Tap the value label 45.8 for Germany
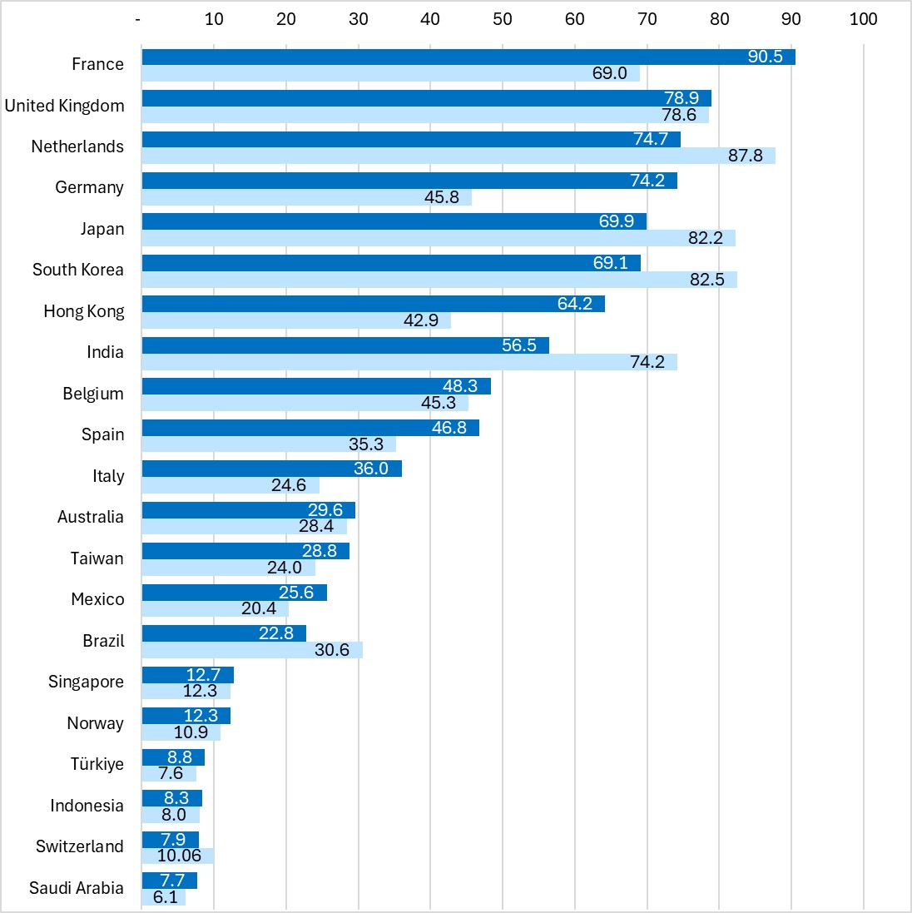[x=442, y=197]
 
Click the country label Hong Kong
[x=83, y=311]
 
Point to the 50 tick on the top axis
[x=503, y=19]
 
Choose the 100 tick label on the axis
[x=863, y=19]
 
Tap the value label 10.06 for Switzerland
[x=179, y=856]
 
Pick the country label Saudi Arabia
[x=76, y=888]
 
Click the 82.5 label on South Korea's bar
[x=706, y=280]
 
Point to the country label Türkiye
[x=97, y=764]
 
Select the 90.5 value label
[x=765, y=57]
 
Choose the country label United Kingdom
[x=64, y=106]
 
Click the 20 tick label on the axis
[x=286, y=19]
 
